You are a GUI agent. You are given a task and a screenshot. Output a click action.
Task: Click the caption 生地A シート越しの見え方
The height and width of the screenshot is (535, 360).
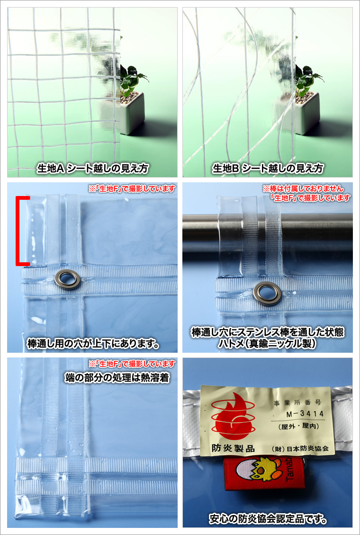pos(93,168)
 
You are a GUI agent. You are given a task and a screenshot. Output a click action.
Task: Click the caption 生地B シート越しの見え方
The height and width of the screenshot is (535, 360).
pos(268,168)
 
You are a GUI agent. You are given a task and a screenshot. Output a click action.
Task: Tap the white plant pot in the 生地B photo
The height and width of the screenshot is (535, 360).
pos(307,113)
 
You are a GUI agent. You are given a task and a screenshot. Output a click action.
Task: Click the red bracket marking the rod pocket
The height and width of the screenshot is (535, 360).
pos(18,231)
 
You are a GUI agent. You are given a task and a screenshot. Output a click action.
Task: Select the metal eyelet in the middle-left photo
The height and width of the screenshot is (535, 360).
pos(68,279)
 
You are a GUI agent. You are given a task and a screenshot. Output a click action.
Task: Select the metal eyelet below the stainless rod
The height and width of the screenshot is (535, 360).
pos(267,293)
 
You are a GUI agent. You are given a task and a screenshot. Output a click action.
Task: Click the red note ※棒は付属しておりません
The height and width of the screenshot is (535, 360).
pos(303,188)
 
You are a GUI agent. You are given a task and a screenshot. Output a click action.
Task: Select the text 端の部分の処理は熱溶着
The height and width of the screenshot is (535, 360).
pos(117,378)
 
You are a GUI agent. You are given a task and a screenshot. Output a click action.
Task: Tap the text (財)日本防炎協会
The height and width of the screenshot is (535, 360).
pos(298,448)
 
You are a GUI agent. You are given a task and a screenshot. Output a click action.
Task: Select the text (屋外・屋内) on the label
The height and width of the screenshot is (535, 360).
pos(298,426)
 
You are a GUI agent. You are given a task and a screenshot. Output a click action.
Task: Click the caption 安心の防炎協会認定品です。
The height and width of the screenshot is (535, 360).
pos(268,520)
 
